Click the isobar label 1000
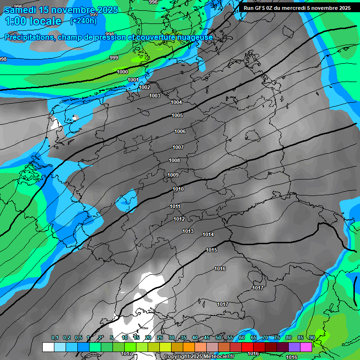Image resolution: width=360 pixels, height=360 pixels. (x=122, y=72)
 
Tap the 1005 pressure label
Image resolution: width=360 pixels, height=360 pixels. (x=177, y=115)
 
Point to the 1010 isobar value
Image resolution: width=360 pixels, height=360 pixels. (x=178, y=189)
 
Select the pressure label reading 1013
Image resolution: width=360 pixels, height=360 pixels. (x=188, y=231)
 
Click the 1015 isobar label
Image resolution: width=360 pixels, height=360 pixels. (x=211, y=250)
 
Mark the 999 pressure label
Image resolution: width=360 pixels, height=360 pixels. (x=113, y=58)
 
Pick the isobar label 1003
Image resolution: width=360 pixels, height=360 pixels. (x=155, y=96)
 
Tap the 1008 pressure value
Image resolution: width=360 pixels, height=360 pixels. (x=174, y=160)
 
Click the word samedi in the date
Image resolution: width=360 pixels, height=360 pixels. (x=21, y=9)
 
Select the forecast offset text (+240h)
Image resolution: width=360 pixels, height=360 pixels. (x=83, y=21)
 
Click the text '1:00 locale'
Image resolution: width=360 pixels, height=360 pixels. (x=33, y=21)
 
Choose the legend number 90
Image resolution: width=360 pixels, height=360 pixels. (x=312, y=337)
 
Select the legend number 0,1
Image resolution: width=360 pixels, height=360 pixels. (x=54, y=337)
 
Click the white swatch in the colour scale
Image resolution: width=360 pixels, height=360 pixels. (x=48, y=347)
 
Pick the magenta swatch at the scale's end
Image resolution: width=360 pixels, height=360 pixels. (x=306, y=347)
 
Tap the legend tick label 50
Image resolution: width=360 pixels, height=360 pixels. (x=218, y=337)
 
